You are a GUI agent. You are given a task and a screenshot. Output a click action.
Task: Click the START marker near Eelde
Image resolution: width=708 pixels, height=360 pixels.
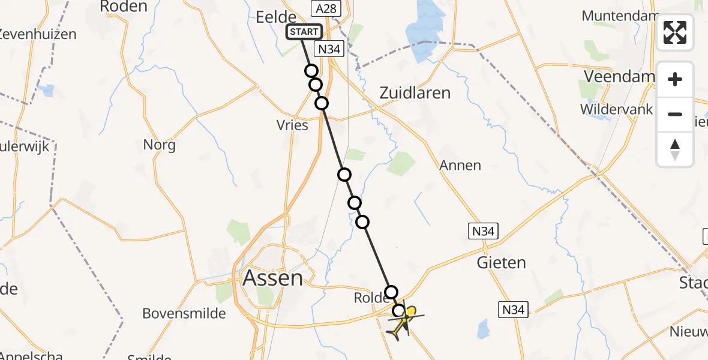(x=304, y=32)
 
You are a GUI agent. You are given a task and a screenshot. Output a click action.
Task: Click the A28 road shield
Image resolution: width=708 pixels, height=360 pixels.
(x=326, y=8)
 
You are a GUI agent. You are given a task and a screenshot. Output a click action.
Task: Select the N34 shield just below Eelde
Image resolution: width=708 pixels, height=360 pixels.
(x=329, y=49)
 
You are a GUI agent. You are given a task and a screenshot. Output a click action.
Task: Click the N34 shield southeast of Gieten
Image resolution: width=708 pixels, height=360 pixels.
(x=514, y=310)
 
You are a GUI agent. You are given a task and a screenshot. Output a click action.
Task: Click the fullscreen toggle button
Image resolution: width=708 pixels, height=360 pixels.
(x=675, y=32)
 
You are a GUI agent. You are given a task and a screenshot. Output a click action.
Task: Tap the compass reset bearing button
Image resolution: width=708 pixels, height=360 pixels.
(x=675, y=149)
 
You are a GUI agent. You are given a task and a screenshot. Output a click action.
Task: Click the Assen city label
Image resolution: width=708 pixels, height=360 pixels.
(x=272, y=278)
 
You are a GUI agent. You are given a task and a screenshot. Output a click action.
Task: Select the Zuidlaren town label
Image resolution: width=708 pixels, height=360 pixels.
(x=415, y=93)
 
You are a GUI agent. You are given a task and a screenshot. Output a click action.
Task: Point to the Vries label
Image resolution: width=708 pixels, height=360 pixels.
(x=293, y=125)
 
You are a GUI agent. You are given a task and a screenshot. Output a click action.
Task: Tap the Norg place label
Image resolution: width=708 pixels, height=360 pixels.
(x=160, y=145)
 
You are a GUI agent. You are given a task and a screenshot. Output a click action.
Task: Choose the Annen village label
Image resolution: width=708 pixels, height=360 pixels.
(x=460, y=165)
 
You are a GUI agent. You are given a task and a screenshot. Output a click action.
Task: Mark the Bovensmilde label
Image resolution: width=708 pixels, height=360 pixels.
(x=184, y=313)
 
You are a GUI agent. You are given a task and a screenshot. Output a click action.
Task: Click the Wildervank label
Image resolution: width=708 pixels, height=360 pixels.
(x=616, y=109)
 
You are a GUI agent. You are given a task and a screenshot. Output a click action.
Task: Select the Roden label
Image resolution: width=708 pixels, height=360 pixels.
(x=123, y=7)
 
